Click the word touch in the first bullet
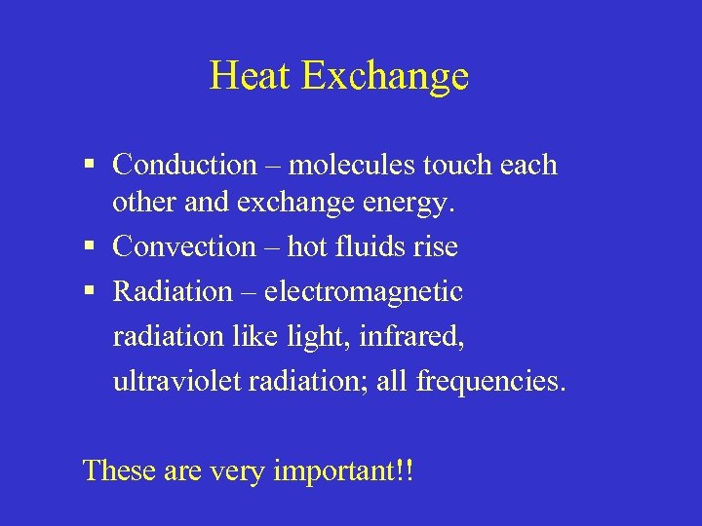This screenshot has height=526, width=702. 456,165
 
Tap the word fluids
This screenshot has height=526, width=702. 367,247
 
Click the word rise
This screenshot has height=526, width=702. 435,247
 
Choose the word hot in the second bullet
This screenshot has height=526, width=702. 307,247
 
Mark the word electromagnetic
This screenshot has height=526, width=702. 364,292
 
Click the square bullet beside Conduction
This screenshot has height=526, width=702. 90,166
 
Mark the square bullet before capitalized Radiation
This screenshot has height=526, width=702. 90,292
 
